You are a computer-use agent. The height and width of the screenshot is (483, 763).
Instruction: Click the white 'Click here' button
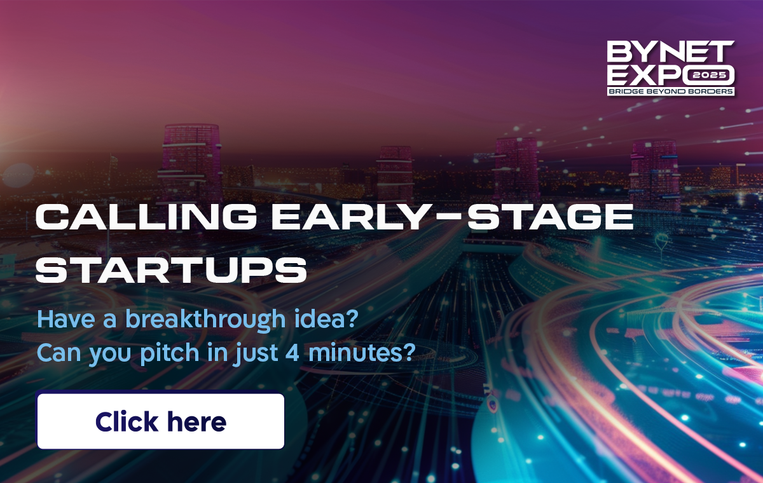pyautogui.click(x=161, y=421)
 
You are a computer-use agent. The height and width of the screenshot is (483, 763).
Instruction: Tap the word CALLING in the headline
pyautogui.click(x=146, y=217)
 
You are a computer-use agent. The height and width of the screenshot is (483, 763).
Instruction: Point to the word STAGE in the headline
pyautogui.click(x=551, y=217)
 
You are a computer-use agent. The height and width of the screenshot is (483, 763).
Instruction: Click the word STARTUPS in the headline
pyautogui.click(x=171, y=270)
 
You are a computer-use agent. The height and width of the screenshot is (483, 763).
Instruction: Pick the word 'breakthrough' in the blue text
pyautogui.click(x=205, y=320)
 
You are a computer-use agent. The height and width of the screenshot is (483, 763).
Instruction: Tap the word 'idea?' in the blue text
pyautogui.click(x=326, y=319)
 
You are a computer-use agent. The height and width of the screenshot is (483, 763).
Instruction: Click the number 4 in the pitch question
pyautogui.click(x=292, y=353)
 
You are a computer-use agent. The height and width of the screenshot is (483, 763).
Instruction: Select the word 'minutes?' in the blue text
pyautogui.click(x=362, y=353)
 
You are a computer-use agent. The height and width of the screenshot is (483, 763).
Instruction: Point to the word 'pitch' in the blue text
pyautogui.click(x=170, y=354)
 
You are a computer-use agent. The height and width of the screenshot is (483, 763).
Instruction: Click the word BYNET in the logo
pyautogui.click(x=670, y=51)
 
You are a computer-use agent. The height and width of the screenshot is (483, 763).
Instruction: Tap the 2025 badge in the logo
pyautogui.click(x=709, y=75)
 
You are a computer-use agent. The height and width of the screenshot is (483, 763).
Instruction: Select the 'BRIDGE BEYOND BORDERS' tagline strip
pyautogui.click(x=671, y=92)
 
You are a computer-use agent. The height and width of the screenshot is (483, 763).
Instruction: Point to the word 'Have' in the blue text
pyautogui.click(x=66, y=319)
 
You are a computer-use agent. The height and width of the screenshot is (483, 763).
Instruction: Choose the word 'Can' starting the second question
pyautogui.click(x=59, y=353)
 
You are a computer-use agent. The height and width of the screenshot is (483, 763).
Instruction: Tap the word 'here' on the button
pyautogui.click(x=197, y=422)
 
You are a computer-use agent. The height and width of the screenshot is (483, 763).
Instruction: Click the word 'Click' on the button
pyautogui.click(x=127, y=421)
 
